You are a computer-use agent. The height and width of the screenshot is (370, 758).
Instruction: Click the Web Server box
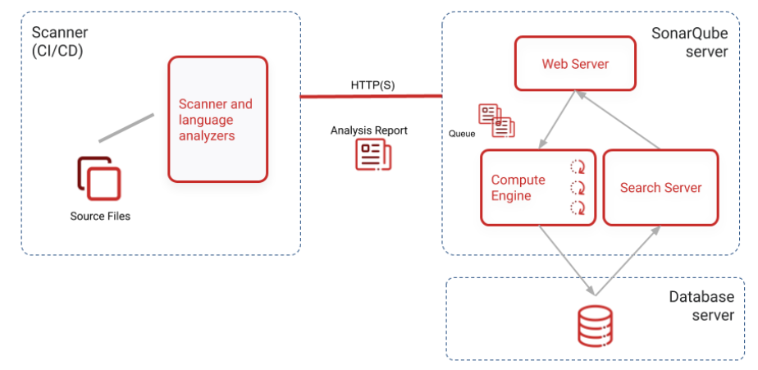pos(575,63)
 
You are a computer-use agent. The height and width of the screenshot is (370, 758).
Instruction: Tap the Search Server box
pos(660,187)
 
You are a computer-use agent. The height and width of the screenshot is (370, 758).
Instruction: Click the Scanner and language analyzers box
pos(217,119)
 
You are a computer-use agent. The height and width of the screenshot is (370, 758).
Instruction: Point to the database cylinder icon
pos(593,326)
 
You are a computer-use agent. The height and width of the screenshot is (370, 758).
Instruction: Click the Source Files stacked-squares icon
pos(99,178)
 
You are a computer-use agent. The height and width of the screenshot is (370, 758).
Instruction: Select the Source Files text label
pos(100,217)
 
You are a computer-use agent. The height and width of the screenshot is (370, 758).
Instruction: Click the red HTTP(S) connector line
pos(371,96)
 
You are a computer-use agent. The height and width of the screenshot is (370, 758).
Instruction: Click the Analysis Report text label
pos(368,130)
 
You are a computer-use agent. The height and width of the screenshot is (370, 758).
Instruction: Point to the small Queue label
pos(462,133)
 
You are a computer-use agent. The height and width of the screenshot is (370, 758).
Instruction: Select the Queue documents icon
pos(496,120)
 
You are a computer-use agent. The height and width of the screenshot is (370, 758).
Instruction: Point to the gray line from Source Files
pos(126,128)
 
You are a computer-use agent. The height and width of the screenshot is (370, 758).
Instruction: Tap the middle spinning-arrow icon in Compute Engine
pos(578,187)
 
